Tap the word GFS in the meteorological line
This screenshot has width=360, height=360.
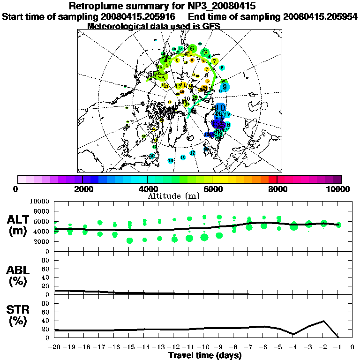click(211, 26)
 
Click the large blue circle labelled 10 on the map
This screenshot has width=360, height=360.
click(220, 107)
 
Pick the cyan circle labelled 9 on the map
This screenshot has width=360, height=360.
click(225, 87)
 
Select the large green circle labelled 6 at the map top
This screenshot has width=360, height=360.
click(192, 48)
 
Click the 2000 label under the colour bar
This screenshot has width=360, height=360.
click(82, 189)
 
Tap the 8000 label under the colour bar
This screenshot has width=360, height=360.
click(277, 189)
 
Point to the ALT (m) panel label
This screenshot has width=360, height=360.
click(19, 225)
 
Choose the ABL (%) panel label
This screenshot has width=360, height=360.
click(19, 275)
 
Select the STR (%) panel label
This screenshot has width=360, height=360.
click(19, 315)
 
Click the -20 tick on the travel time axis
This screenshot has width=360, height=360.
click(55, 347)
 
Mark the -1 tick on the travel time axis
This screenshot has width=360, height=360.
click(337, 347)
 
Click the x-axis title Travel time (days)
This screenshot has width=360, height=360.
click(205, 355)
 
